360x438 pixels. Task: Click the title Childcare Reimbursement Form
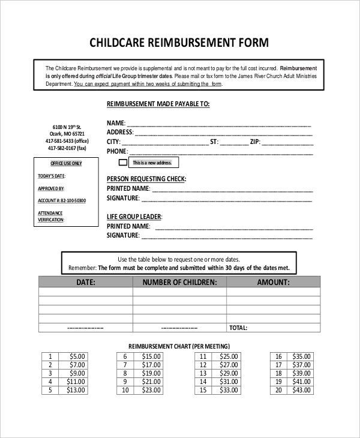(179, 43)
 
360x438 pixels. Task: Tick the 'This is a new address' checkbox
(123, 163)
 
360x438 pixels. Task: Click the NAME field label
(116, 124)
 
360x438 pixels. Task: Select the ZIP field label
(254, 142)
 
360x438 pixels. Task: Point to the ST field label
(213, 142)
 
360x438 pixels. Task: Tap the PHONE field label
(118, 151)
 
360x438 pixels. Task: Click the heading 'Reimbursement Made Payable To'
(158, 104)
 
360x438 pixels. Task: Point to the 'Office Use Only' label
(66, 163)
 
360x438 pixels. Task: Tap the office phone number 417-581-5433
(67, 140)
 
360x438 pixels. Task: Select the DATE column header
(85, 282)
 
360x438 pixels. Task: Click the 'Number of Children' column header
(179, 282)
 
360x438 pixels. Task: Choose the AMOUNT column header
(273, 282)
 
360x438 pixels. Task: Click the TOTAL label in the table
(238, 328)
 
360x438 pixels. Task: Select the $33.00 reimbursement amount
(228, 390)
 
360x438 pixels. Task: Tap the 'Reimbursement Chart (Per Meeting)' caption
(179, 346)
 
